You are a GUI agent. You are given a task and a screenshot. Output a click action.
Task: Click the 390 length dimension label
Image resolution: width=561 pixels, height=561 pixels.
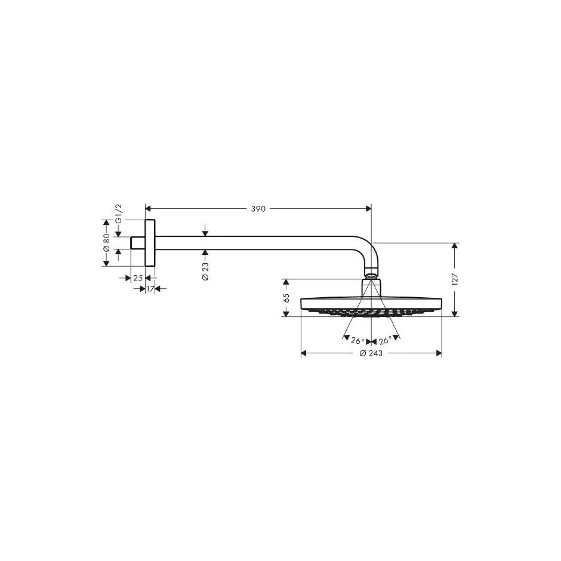[x=257, y=209]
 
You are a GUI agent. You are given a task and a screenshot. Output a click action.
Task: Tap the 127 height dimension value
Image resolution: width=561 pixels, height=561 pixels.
[x=454, y=279]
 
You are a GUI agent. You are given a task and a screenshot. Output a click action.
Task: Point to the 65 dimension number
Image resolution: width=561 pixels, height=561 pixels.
[x=286, y=297]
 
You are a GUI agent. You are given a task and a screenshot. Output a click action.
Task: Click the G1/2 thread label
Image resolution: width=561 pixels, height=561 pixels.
[x=119, y=213]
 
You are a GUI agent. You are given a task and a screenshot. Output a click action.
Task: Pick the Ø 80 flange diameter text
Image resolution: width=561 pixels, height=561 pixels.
[x=106, y=242]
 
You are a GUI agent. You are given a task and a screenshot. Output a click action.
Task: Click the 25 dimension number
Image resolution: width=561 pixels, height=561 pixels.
[x=138, y=278]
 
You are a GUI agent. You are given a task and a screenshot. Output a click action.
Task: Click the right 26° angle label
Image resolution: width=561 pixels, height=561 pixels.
[x=385, y=340]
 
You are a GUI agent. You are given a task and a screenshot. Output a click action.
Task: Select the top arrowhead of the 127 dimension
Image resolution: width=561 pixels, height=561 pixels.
[x=454, y=246]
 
